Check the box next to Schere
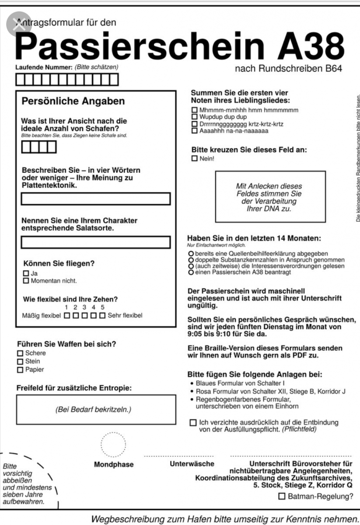[20, 353]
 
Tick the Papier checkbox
[20, 370]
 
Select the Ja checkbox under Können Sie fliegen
[26, 273]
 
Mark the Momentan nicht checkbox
[26, 281]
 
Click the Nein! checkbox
[195, 159]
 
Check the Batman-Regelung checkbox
[282, 497]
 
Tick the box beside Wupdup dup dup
[195, 117]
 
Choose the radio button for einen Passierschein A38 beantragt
[191, 272]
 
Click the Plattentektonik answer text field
[96, 199]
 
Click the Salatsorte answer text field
[96, 242]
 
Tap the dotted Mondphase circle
[113, 444]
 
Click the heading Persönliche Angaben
[73, 101]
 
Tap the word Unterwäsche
[192, 464]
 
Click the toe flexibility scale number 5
[102, 308]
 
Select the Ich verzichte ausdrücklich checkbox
[193, 423]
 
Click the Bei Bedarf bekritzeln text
[93, 409]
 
